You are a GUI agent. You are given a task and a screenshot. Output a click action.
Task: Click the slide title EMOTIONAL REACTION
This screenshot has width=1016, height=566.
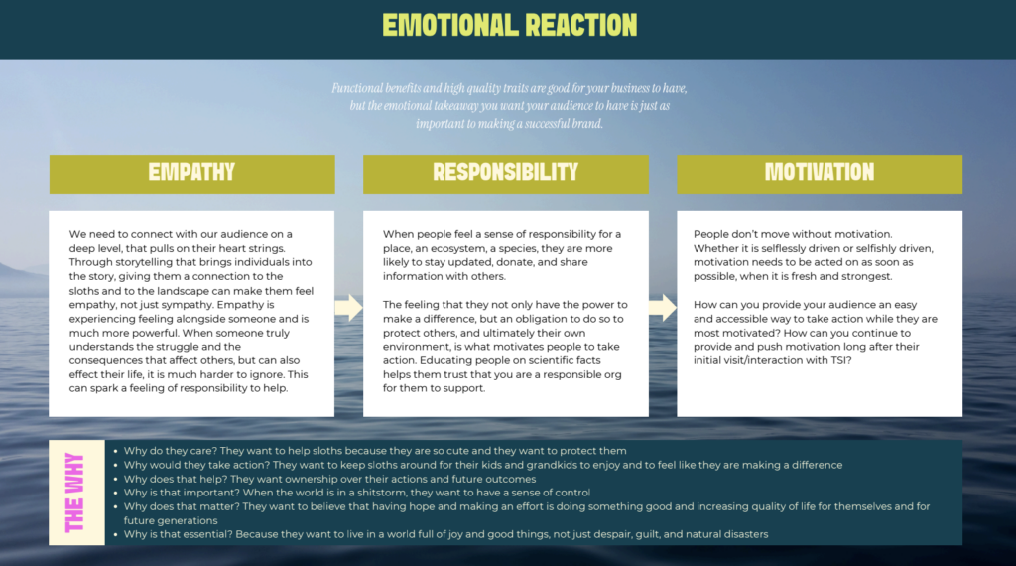coord(509,25)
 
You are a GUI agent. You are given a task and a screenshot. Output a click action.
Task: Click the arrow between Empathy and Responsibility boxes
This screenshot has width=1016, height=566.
coord(348,308)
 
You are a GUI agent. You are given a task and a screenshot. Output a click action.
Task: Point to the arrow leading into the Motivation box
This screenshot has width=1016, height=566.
coord(662,308)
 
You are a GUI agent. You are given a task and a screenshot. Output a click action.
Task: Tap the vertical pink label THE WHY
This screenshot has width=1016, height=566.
coord(74,493)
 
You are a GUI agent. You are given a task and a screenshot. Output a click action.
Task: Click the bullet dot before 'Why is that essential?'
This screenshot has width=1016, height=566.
coord(115,535)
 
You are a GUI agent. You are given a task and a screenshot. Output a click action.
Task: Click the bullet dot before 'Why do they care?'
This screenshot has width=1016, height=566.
coord(115,451)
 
